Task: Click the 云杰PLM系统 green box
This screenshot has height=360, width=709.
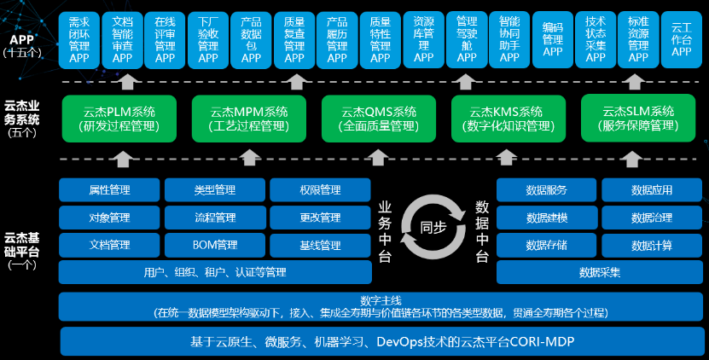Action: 119,119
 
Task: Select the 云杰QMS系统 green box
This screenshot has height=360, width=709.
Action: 379,119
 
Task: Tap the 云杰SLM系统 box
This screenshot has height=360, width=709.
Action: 638,119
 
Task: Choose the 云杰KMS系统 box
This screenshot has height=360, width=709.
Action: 509,119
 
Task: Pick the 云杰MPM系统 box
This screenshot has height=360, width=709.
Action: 249,119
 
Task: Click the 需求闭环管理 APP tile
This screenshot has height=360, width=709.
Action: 79,40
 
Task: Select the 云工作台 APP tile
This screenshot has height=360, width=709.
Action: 682,40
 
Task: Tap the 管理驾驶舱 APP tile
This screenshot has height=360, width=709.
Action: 467,40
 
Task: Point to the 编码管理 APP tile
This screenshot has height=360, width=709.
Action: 553,40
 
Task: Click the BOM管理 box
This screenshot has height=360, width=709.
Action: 215,246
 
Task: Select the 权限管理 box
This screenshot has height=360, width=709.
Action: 320,189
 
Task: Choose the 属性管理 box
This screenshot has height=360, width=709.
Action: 109,189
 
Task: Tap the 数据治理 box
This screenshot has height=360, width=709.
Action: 652,218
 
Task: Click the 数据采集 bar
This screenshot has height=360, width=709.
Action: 600,273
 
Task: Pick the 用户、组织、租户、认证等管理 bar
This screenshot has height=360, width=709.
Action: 215,273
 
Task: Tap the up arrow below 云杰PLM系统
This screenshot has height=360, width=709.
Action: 124,158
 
